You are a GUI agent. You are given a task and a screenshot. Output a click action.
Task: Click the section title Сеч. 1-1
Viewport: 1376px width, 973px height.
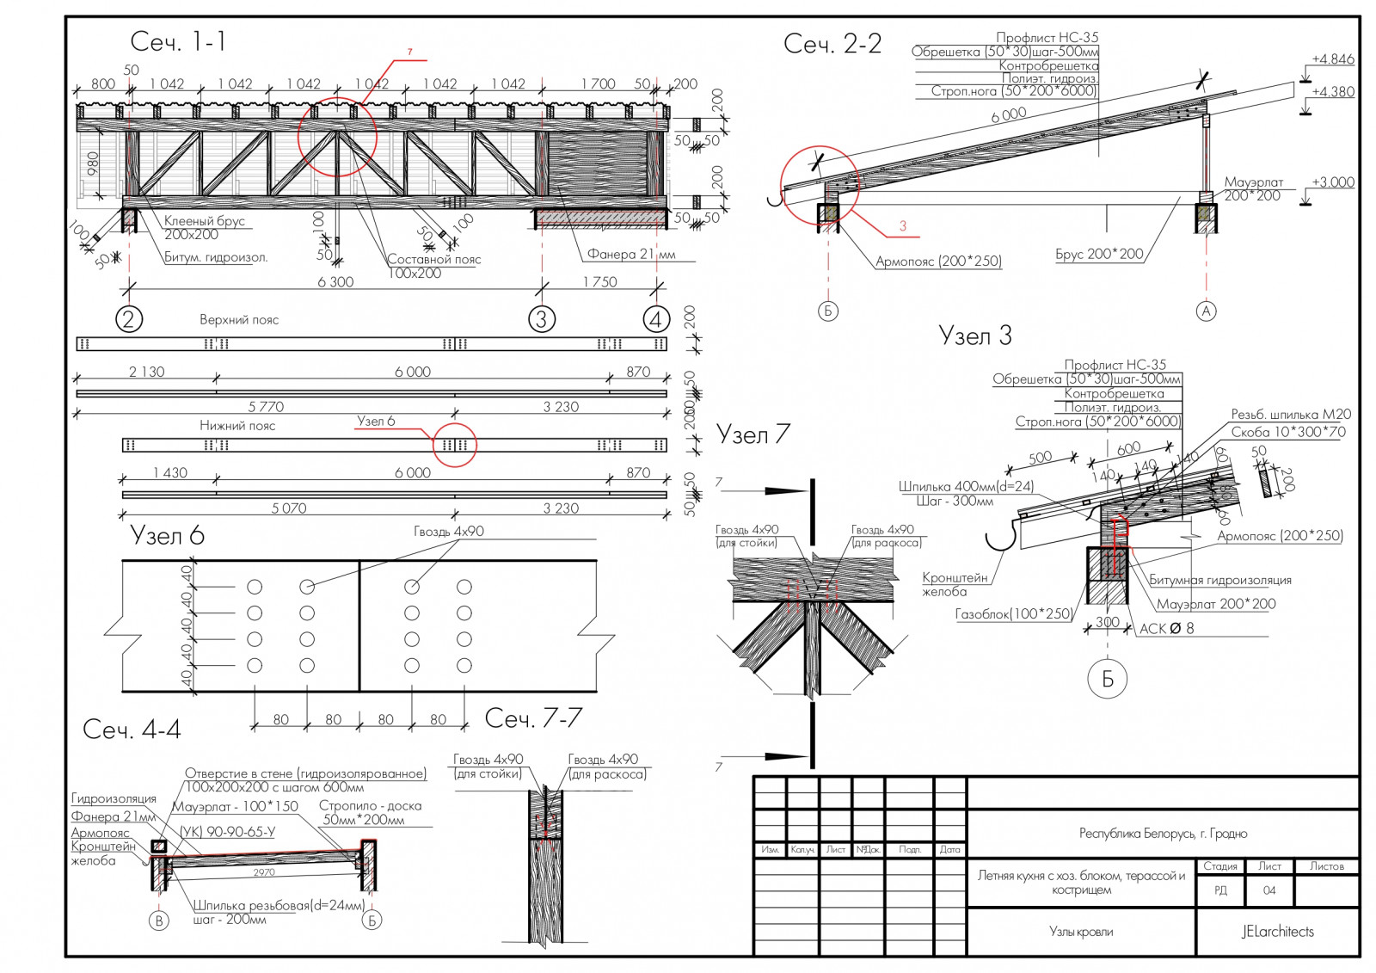pos(178,41)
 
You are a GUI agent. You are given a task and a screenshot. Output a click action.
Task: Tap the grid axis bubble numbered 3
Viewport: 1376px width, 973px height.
pos(541,319)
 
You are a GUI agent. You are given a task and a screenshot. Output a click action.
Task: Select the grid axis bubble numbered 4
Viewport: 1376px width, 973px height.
pos(656,319)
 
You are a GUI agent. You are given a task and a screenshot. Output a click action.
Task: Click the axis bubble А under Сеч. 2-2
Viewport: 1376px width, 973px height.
pos(1207,311)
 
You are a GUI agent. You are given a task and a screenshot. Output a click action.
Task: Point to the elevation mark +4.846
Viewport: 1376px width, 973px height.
pos(1332,59)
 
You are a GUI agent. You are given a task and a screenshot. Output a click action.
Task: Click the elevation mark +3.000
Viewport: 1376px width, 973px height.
pos(1332,182)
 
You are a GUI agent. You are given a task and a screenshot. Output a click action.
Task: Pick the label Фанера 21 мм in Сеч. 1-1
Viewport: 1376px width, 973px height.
pos(631,254)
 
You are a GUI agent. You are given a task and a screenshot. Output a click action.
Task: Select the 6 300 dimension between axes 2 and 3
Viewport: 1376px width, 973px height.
pos(335,282)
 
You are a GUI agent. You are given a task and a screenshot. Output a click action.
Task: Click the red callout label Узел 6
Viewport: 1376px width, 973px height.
pos(376,422)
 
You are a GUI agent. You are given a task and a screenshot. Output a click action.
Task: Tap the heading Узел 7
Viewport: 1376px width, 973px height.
pos(752,434)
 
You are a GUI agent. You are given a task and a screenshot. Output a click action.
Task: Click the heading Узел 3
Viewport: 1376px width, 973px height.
pos(975,336)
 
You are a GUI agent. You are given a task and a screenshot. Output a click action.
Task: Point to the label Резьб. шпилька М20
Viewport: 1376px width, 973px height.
pos(1290,415)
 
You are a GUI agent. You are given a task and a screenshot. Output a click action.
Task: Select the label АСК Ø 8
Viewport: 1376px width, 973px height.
pos(1166,629)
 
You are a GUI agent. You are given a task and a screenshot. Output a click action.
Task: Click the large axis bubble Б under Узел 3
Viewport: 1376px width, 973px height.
pos(1108,679)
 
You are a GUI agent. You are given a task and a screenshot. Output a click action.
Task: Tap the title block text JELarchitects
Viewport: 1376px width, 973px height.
pos(1277,932)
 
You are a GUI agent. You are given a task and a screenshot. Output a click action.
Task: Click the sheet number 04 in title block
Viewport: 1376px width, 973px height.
pos(1269,890)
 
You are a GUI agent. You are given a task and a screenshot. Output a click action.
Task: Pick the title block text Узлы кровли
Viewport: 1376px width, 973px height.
pos(1081,932)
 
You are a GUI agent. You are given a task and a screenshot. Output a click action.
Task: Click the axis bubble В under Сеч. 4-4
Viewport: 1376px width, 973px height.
pos(158,921)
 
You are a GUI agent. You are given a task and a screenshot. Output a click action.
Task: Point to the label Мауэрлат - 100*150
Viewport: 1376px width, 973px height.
pos(235,807)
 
